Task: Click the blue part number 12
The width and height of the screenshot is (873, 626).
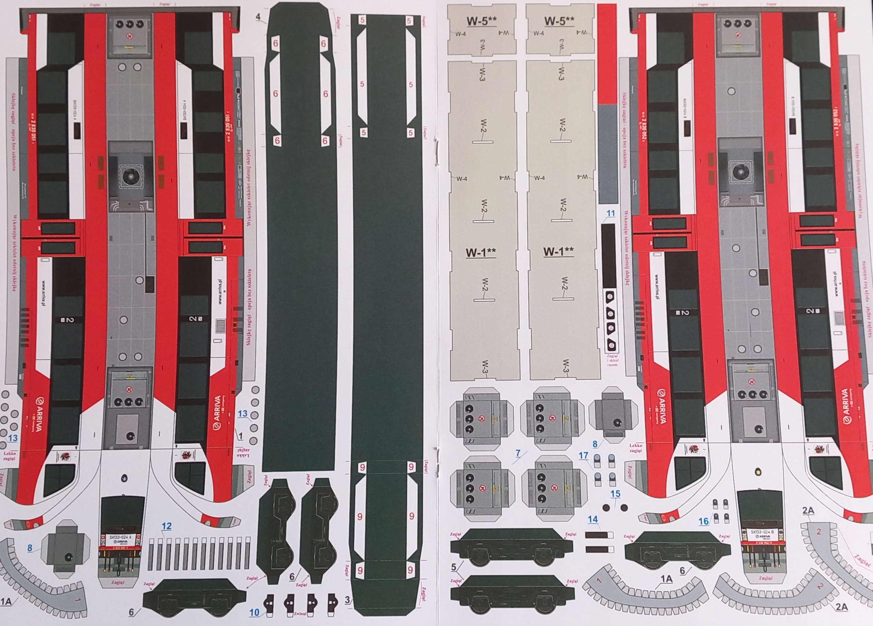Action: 166,526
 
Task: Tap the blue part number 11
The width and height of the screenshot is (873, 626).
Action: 610,213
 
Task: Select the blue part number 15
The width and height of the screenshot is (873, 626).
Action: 616,494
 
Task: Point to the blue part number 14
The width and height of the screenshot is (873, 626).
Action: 593,519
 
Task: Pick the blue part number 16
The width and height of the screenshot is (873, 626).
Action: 704,521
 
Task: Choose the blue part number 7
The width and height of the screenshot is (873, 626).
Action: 518,453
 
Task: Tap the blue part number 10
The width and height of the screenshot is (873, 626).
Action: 254,612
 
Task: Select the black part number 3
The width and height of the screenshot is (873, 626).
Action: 347,600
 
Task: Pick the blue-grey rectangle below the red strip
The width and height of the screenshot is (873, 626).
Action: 607,154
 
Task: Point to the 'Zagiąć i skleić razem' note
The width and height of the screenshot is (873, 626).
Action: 612,360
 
